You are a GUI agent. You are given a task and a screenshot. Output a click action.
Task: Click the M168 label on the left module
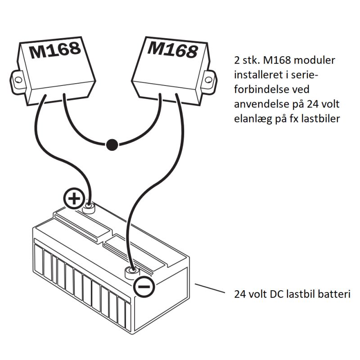[x=55, y=49]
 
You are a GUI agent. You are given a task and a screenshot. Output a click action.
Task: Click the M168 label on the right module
[x=172, y=48]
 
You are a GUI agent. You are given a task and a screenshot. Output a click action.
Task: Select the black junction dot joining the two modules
[x=112, y=144]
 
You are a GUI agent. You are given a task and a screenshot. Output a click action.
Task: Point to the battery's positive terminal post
[x=90, y=207]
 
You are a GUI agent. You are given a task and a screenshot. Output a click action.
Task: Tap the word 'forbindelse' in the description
[x=261, y=90]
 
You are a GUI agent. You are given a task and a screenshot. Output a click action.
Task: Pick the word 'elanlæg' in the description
[x=253, y=119]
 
